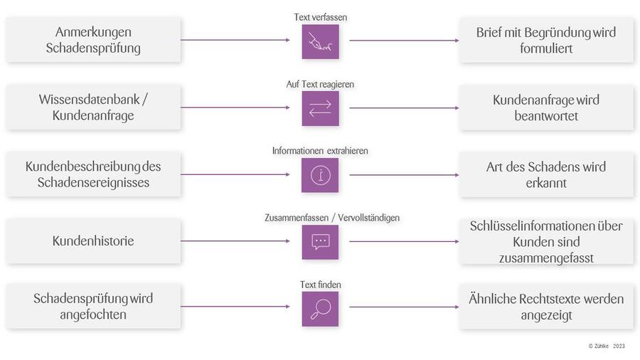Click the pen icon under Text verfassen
[x=320, y=41]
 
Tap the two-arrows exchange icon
[x=320, y=108]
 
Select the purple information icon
[x=320, y=175]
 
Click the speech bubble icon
[x=320, y=241]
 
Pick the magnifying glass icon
[x=320, y=308]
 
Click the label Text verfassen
[x=320, y=16]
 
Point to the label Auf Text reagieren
[x=320, y=84]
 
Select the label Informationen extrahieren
[x=320, y=151]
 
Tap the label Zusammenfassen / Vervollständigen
[x=320, y=217]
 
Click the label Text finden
[x=320, y=285]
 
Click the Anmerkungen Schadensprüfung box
[x=93, y=41]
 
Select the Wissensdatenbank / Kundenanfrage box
[x=93, y=107]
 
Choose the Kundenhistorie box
[x=93, y=241]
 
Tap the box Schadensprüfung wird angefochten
[x=93, y=307]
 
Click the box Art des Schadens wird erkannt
[x=545, y=175]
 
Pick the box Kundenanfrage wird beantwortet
[x=545, y=108]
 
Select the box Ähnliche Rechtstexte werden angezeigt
[x=545, y=307]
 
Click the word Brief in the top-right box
[x=491, y=33]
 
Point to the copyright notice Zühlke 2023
[x=607, y=346]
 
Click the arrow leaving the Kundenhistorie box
[x=235, y=241]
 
